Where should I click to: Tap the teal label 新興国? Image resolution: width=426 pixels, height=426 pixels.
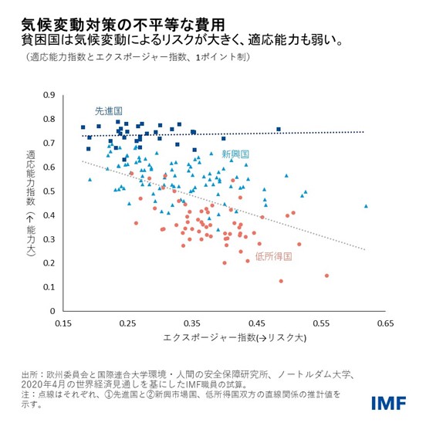coord(235,154)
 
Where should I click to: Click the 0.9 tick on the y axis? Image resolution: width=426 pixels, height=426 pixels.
coord(50,96)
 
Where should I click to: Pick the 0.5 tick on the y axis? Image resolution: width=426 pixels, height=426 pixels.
coord(50,191)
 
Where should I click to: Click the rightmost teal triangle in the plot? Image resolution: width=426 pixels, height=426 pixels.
coord(366,206)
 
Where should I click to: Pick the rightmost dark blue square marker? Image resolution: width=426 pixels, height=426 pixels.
coord(279,129)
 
